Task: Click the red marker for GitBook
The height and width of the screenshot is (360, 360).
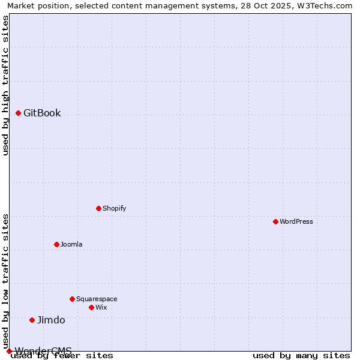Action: (x=18, y=113)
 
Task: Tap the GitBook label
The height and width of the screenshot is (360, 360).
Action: (x=42, y=113)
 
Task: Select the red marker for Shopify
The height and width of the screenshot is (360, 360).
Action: (x=98, y=208)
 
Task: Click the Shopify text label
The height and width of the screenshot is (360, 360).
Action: (x=114, y=209)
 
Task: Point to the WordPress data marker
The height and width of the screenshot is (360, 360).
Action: (x=275, y=221)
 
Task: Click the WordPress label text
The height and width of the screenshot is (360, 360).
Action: (x=296, y=222)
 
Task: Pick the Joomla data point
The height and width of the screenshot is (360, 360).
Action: (x=56, y=244)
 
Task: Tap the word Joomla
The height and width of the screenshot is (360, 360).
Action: (x=71, y=245)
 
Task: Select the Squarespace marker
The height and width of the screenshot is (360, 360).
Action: (x=72, y=299)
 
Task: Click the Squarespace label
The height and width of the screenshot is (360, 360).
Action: (x=97, y=299)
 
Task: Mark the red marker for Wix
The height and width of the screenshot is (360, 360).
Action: (x=91, y=307)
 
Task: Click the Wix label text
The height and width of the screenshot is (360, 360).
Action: (x=101, y=308)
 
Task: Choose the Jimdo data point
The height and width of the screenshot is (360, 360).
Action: (x=32, y=320)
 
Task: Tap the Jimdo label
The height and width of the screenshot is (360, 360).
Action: (x=51, y=320)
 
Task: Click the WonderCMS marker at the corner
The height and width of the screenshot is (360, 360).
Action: (x=9, y=351)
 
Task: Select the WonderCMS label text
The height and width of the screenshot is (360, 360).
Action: (x=43, y=350)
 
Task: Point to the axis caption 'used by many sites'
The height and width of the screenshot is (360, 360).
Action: (x=301, y=356)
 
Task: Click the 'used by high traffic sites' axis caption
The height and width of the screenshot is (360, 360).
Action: (x=5, y=85)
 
